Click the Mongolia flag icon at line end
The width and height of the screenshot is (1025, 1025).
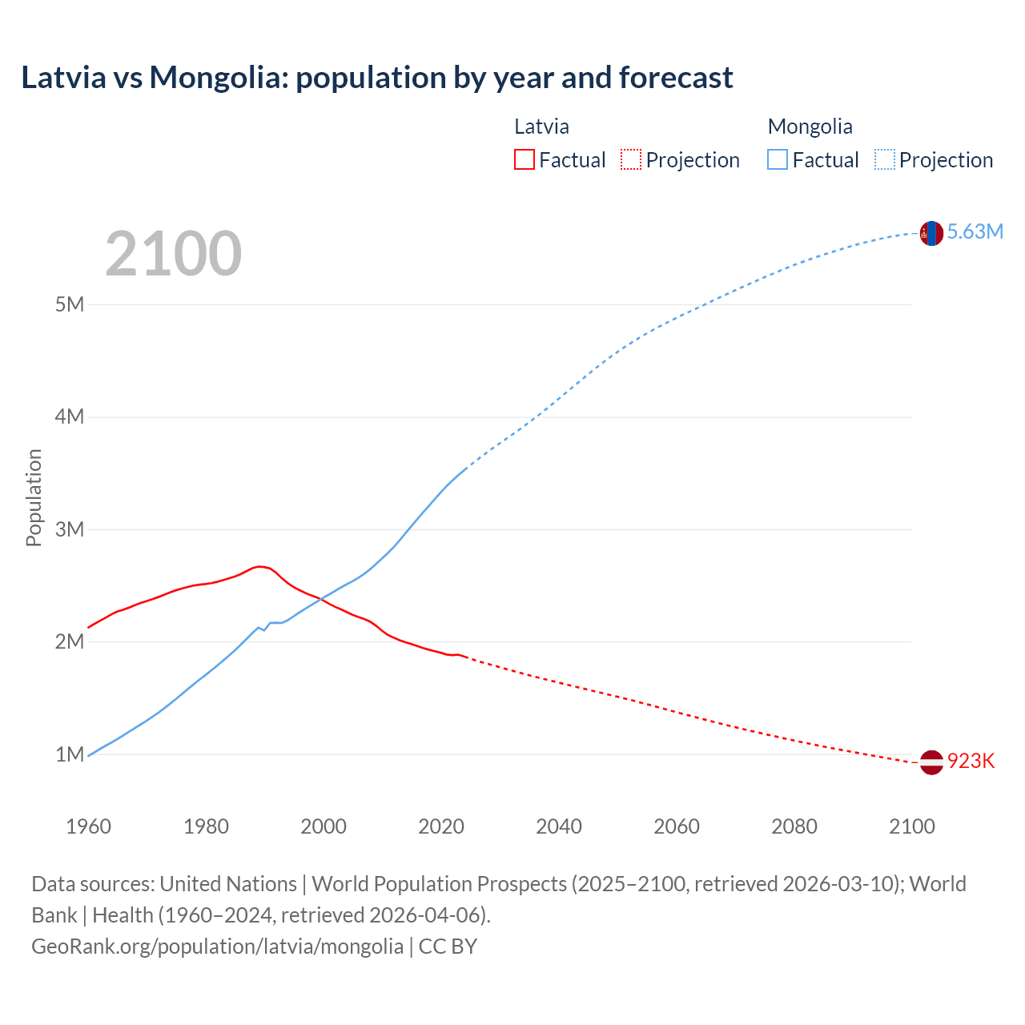click(931, 233)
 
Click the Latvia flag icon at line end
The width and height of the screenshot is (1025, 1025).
click(931, 762)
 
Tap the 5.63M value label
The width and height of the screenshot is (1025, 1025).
click(975, 232)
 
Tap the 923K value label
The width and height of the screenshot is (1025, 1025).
click(971, 762)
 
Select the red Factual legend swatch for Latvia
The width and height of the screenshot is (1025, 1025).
click(524, 160)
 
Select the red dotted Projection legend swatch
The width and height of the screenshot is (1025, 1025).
click(631, 160)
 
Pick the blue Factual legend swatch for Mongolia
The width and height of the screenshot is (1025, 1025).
click(778, 160)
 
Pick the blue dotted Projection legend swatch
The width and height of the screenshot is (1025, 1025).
click(885, 160)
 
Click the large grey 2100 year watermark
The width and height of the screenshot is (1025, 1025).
click(173, 254)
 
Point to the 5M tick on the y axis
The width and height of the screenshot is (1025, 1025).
click(70, 305)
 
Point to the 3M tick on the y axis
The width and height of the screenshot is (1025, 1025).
click(70, 529)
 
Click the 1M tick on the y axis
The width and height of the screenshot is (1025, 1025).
click(70, 754)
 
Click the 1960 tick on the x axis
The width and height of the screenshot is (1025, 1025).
click(88, 826)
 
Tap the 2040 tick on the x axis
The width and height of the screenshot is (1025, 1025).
click(559, 826)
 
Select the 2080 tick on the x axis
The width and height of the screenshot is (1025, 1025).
click(794, 826)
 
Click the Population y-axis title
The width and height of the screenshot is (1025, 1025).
click(34, 497)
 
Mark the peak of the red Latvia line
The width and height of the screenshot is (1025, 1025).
click(259, 566)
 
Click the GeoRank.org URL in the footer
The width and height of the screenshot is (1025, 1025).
click(217, 947)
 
